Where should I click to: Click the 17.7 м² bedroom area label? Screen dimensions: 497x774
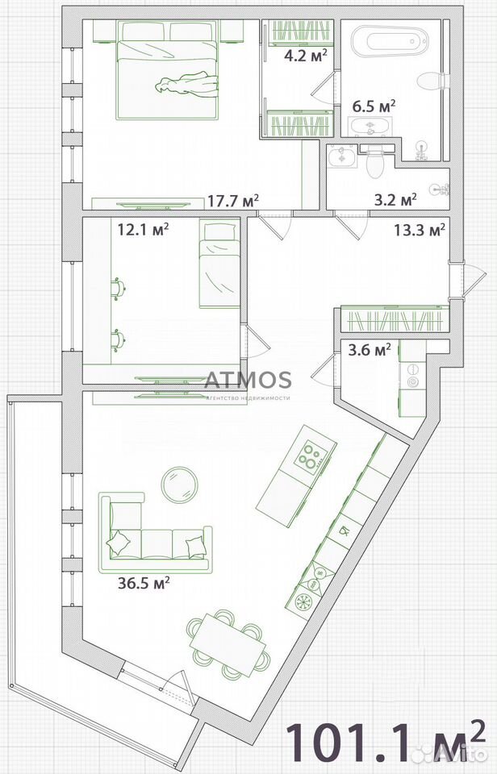pos(233,201)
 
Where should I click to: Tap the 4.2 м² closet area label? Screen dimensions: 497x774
pos(305,56)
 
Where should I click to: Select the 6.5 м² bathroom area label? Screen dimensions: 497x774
pos(374,106)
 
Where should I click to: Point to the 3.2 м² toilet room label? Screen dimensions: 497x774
pos(395,200)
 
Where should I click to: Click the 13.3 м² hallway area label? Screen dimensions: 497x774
pos(420,230)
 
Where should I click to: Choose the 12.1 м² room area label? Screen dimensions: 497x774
pos(144,229)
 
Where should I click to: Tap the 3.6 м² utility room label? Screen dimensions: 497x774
pos(370,350)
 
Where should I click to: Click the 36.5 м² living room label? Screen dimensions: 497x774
pos(144,583)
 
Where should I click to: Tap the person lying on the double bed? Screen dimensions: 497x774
pos(186,83)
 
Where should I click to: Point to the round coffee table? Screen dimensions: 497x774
pos(179,485)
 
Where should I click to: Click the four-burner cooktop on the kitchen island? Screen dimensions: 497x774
pos(311,456)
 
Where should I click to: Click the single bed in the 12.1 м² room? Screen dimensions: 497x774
pos(220,264)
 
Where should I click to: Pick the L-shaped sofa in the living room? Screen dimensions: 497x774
pos(155,532)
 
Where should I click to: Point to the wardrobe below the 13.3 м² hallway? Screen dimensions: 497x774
pos(395,319)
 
